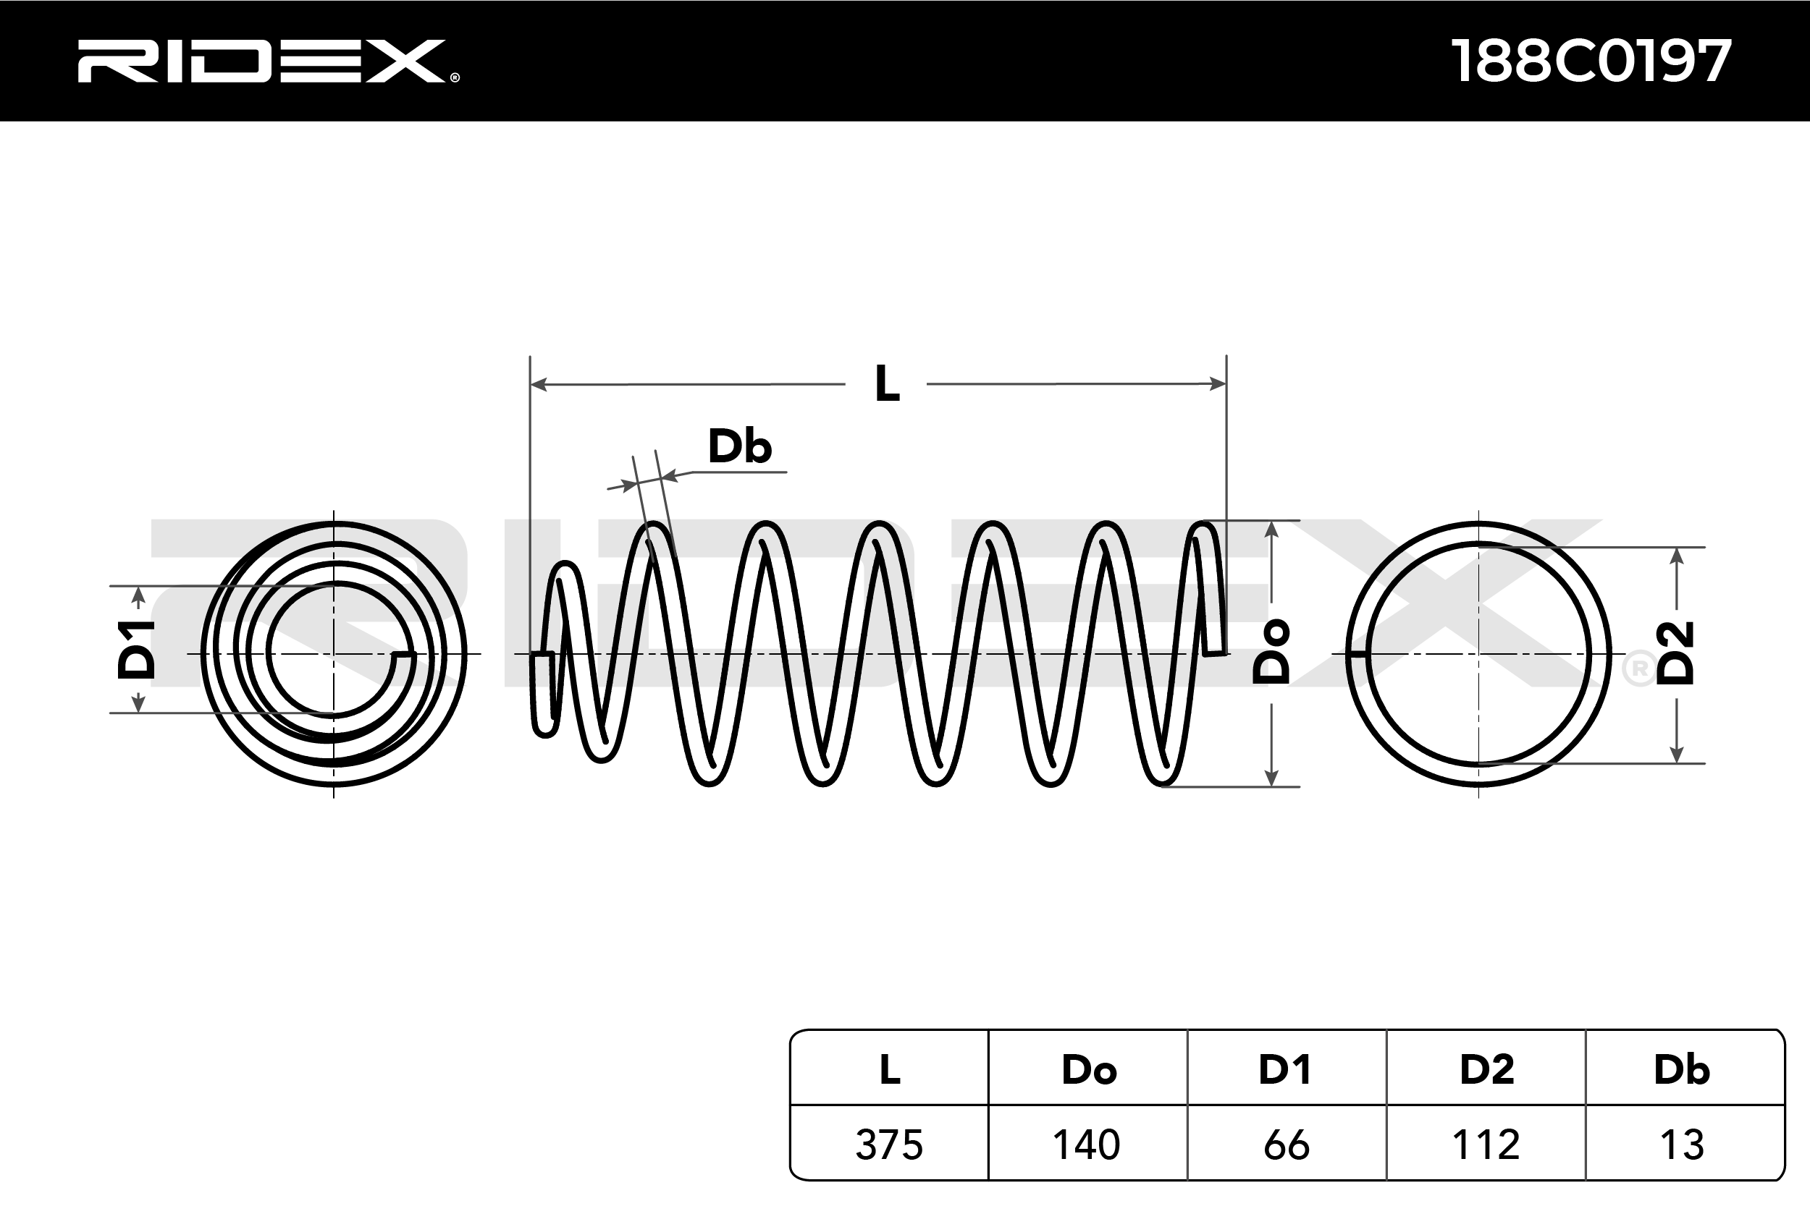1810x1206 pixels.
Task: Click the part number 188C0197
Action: pos(1591,61)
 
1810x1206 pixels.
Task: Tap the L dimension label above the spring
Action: pos(886,384)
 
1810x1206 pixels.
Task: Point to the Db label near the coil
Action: pos(739,447)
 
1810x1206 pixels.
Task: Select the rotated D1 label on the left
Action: pos(136,650)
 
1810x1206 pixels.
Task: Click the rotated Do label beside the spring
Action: pos(1271,653)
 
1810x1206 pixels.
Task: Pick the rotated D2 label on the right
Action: pos(1676,653)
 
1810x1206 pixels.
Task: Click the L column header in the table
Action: pos(890,1070)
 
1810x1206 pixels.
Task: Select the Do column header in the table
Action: pos(1088,1070)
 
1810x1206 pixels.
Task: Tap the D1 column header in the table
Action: pos(1285,1070)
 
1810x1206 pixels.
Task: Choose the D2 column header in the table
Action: pos(1486,1070)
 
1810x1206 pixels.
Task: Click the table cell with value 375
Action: pos(889,1145)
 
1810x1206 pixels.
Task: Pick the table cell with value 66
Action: pos(1286,1145)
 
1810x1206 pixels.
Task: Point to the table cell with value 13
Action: pos(1683,1145)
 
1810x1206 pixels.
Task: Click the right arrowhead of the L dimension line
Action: pos(1218,384)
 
